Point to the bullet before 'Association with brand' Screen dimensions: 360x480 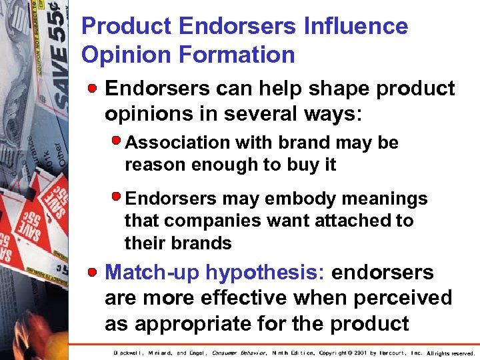[x=117, y=141]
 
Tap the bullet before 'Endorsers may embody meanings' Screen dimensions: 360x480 [x=117, y=197]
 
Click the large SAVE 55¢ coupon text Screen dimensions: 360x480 [x=61, y=60]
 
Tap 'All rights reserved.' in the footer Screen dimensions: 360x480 [x=451, y=353]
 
